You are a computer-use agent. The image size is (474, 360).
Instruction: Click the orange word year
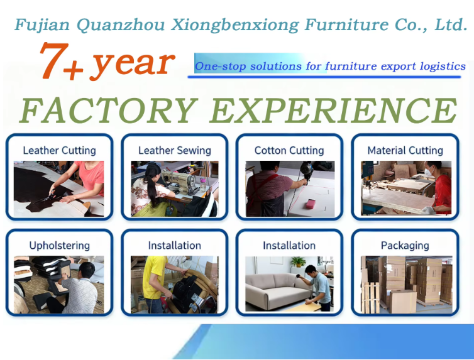[133, 64]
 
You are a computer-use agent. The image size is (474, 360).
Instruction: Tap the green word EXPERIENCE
[333, 110]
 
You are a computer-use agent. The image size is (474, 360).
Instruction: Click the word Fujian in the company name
[42, 25]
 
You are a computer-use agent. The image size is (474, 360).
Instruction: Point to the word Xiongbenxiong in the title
[235, 25]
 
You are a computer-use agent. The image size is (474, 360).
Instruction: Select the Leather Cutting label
[60, 150]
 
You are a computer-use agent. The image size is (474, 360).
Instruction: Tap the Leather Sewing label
[175, 150]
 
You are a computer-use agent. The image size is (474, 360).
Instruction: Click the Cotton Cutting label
[289, 150]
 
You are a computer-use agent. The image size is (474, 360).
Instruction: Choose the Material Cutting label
[405, 150]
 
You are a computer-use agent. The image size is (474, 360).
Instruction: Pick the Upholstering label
[60, 246]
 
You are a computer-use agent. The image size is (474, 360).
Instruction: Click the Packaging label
[405, 246]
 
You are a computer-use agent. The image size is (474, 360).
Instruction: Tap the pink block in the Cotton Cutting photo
[312, 204]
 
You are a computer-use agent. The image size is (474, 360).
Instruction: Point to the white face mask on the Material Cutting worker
[428, 172]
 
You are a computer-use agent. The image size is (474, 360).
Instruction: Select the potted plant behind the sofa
[299, 262]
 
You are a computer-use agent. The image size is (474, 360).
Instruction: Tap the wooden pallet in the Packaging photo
[370, 297]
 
